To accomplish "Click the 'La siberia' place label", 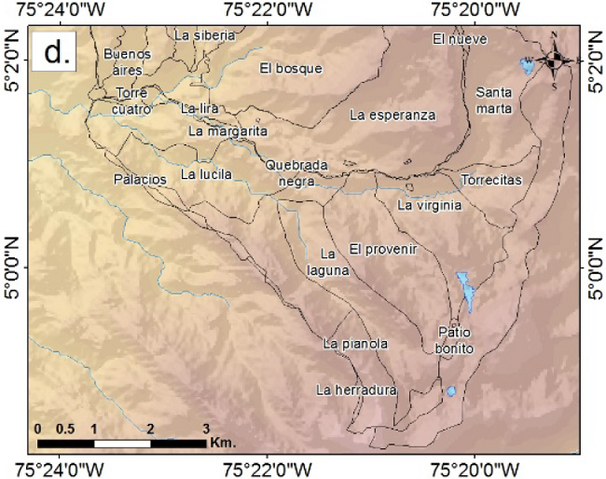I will (x=205, y=35).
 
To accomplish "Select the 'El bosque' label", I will (x=291, y=68).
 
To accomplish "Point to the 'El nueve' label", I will (x=455, y=38).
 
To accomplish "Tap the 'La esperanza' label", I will (x=393, y=115).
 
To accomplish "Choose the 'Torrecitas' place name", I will (x=491, y=179).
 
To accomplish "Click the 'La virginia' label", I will (x=429, y=205).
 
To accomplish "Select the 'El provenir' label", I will (x=382, y=249).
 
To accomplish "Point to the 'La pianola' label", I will (x=355, y=344).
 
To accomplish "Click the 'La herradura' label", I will (x=357, y=390).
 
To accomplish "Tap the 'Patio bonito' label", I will (x=455, y=340).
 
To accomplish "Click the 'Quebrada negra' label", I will (x=296, y=173).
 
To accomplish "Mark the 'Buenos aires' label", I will (x=127, y=62).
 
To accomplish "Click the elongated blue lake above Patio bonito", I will (x=465, y=290).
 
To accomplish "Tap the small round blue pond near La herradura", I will (x=451, y=391).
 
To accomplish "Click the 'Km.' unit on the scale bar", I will (x=222, y=442).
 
